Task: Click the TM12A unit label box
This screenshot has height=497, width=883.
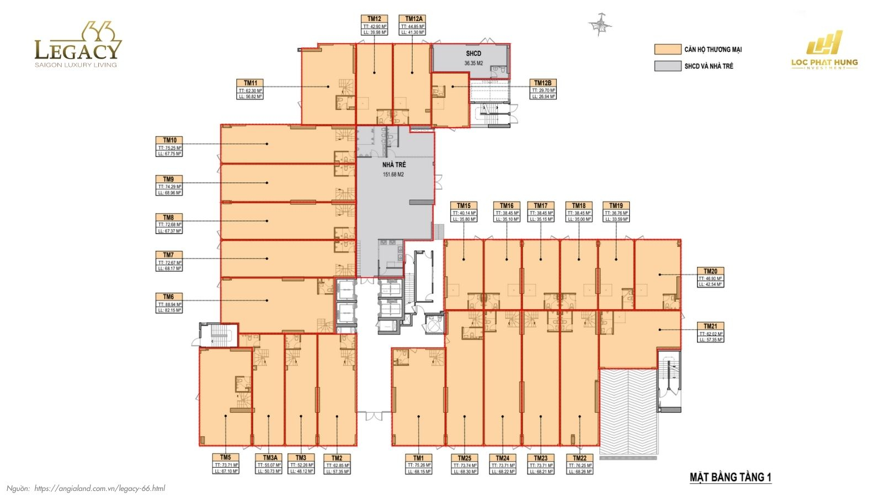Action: click(x=413, y=25)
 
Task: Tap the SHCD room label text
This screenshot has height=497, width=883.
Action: click(x=474, y=54)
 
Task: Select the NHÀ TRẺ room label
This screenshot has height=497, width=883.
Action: click(x=394, y=165)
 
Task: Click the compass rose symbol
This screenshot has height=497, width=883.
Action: click(x=600, y=24)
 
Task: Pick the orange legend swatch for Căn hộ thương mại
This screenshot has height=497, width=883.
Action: click(x=667, y=49)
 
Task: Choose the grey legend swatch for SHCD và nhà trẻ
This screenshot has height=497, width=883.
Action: click(x=667, y=66)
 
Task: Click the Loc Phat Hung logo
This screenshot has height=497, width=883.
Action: click(x=825, y=50)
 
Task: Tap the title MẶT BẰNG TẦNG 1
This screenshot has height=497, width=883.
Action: click(x=730, y=477)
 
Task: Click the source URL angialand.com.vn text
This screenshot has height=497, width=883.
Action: click(x=99, y=488)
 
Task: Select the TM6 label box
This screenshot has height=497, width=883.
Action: click(x=169, y=304)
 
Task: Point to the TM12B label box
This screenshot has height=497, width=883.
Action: click(x=543, y=89)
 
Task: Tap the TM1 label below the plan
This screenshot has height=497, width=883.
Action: click(x=419, y=464)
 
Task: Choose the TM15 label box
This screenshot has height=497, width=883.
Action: click(x=464, y=213)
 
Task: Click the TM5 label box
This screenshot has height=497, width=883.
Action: click(x=226, y=464)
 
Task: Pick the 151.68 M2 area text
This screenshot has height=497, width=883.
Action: click(x=393, y=175)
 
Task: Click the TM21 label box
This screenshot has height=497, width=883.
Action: click(x=710, y=333)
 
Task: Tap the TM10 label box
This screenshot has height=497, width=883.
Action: click(x=169, y=147)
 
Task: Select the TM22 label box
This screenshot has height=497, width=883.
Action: click(x=579, y=464)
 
